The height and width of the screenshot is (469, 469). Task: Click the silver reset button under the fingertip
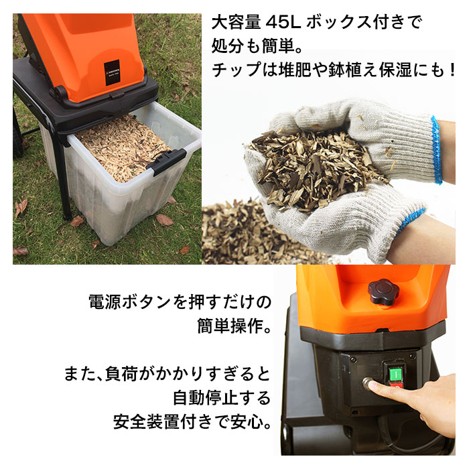(366, 384)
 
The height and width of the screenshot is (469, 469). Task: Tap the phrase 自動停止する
(222, 398)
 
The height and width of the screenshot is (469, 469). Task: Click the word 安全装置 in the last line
(147, 423)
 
